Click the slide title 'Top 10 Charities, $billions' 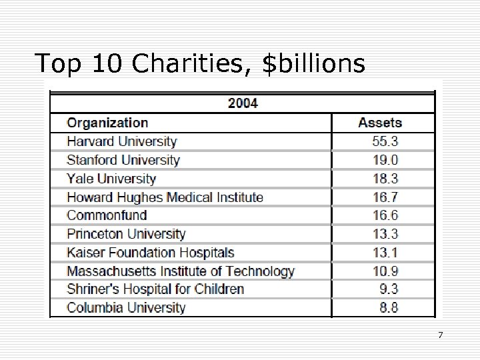click(200, 64)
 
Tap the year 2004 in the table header click(243, 103)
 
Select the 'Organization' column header click(107, 123)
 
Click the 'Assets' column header click(380, 123)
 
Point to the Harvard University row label click(122, 141)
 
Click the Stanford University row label click(123, 160)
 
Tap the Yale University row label click(111, 179)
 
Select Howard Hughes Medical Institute click(165, 197)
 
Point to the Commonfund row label click(107, 215)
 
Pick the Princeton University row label click(126, 234)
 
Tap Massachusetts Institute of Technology click(181, 271)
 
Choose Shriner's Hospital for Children click(155, 289)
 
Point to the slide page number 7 click(440, 334)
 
